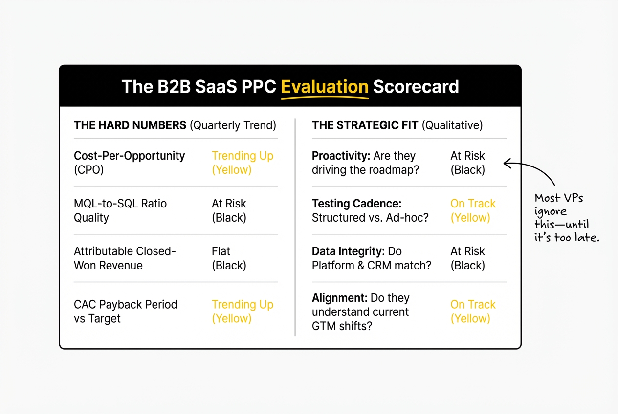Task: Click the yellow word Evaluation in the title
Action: pos(324,87)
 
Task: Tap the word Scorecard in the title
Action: pos(416,87)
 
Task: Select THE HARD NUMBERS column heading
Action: pos(130,125)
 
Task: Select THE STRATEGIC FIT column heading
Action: pos(365,125)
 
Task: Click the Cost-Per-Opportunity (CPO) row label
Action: pos(129,163)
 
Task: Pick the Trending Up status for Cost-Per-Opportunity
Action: pos(242,163)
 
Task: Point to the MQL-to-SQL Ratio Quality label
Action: pos(120,210)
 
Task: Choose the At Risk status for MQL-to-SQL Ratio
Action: pos(229,210)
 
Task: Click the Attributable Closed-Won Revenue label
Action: pos(124,258)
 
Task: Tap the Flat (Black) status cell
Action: pos(229,258)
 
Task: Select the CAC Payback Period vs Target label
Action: pos(125,311)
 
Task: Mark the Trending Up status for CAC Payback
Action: pos(242,311)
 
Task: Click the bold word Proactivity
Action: pos(341,156)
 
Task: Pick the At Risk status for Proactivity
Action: pos(467,163)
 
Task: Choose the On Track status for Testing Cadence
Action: pos(472,210)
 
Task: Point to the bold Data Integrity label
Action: pos(348,251)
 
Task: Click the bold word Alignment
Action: pos(339,298)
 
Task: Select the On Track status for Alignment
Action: pos(472,311)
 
